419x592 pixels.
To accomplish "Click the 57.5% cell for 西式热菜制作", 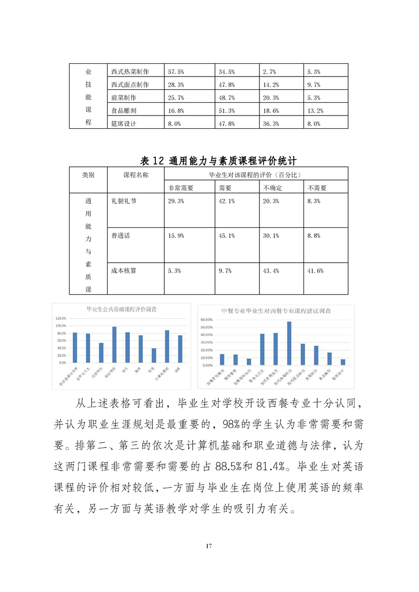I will coord(175,71).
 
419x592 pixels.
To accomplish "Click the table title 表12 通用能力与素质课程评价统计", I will coord(209,160).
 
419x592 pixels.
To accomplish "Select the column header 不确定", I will coord(273,188).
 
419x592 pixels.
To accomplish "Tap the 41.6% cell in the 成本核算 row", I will coord(315,271).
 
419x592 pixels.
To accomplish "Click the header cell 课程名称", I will coord(136,175).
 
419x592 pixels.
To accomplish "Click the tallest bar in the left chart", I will coord(114,345).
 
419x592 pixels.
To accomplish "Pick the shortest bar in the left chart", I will coord(154,356).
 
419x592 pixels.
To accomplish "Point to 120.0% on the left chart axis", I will coord(61,318).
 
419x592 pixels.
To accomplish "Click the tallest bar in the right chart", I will coord(289,343).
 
